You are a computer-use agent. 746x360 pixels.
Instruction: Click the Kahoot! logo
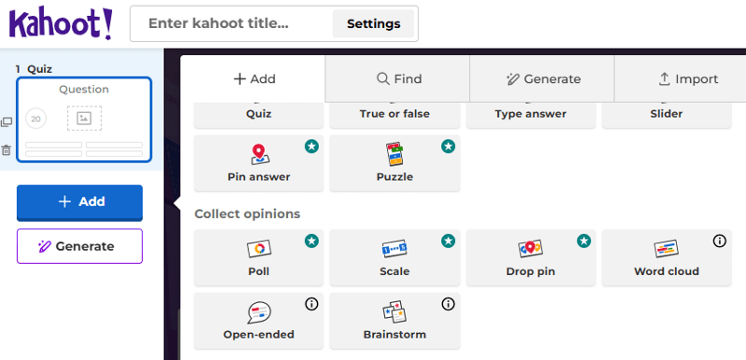[x=61, y=23]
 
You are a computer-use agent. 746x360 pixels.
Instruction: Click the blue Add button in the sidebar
[x=79, y=202]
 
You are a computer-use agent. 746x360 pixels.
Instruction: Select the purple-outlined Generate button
[x=79, y=246]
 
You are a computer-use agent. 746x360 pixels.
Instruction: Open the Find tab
[x=399, y=79]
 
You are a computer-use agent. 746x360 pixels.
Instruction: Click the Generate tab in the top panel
[x=543, y=79]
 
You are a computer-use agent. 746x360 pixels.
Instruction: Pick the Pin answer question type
[x=259, y=163]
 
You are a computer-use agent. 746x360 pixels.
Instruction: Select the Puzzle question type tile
[x=394, y=163]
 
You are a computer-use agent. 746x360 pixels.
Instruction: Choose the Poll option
[x=259, y=257]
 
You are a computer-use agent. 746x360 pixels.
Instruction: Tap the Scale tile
[x=394, y=257]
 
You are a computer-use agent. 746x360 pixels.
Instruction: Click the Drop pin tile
[x=531, y=257]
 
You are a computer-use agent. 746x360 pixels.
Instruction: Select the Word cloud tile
[x=667, y=257]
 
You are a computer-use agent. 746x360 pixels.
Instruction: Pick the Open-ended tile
[x=259, y=321]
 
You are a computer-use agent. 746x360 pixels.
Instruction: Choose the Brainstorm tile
[x=394, y=321]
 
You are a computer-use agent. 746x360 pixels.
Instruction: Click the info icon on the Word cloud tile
[x=719, y=242]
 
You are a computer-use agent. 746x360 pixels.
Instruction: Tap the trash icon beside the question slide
[x=7, y=150]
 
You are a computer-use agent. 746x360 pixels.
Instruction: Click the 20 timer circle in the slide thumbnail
[x=35, y=118]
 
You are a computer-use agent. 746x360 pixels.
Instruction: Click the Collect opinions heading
[x=247, y=214]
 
